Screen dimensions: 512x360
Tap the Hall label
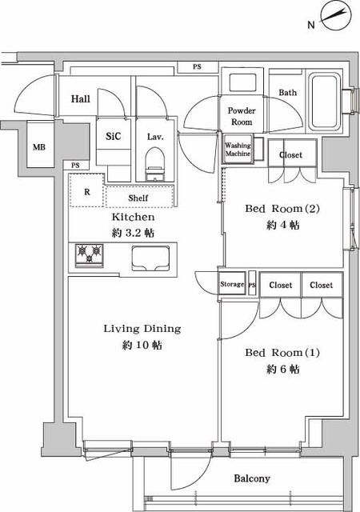click(80, 98)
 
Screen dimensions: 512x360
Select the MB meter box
click(38, 147)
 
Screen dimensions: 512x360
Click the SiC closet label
click(114, 136)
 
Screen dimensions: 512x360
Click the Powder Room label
click(241, 116)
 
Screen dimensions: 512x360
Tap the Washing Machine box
click(238, 150)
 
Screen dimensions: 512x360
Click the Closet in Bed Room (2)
click(291, 154)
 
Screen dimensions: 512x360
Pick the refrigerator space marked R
click(86, 193)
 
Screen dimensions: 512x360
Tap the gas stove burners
click(90, 254)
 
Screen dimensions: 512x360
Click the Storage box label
click(232, 285)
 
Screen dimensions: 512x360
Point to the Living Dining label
click(142, 328)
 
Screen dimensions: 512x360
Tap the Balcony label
click(252, 479)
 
